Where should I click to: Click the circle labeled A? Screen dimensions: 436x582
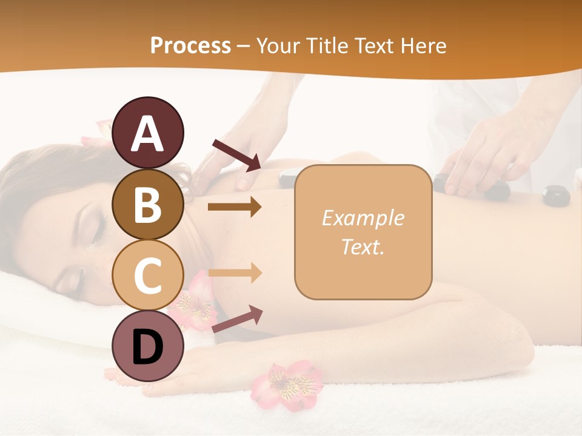click(x=147, y=133)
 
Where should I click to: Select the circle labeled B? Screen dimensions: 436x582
click(x=147, y=204)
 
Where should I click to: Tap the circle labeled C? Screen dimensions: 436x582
click(x=147, y=275)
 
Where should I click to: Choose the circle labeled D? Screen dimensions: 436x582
click(x=147, y=346)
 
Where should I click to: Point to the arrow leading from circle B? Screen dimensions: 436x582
click(x=235, y=207)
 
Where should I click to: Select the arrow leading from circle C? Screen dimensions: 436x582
click(x=235, y=272)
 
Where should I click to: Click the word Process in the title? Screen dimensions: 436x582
click(x=190, y=46)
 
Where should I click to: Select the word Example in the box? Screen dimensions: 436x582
click(x=363, y=218)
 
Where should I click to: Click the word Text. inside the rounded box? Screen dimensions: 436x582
click(x=363, y=246)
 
